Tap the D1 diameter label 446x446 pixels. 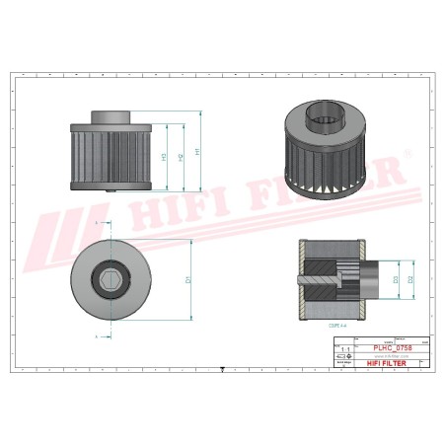[x=187, y=280]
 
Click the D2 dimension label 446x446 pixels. [x=409, y=279]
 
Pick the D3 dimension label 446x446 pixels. [x=396, y=279]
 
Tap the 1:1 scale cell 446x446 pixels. [x=344, y=348]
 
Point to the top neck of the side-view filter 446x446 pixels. [x=111, y=115]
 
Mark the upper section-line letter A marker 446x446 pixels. [x=97, y=224]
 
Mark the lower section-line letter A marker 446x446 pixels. [x=97, y=336]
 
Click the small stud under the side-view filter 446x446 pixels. [x=111, y=192]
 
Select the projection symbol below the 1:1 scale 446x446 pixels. [x=344, y=356]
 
